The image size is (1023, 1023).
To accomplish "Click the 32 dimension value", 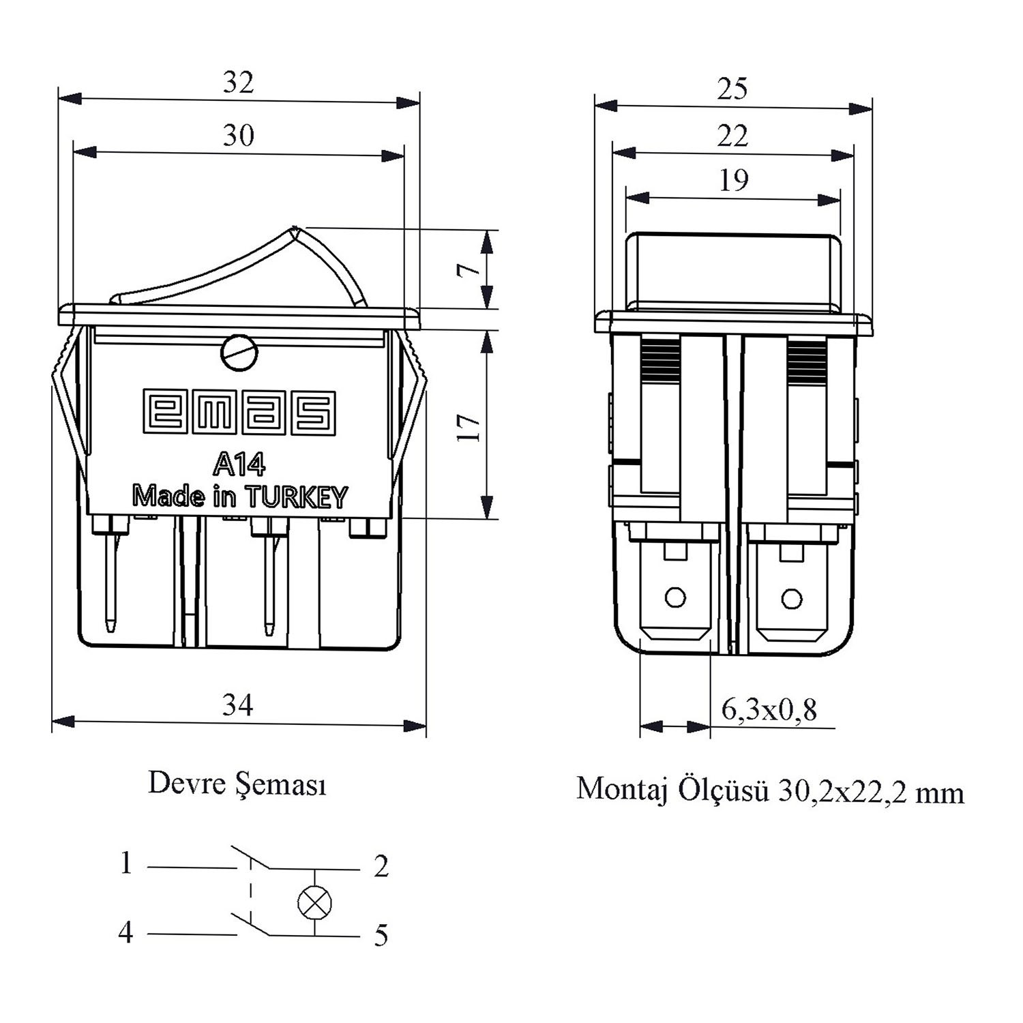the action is [239, 83].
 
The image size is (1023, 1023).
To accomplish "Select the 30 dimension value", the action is [239, 136].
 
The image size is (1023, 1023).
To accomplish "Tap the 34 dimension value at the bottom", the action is [238, 704].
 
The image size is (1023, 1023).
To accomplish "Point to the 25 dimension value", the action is [732, 89].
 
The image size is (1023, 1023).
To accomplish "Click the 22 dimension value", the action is [732, 136].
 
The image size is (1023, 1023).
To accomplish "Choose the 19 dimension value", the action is [734, 180].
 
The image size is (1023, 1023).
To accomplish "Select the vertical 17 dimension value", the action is [469, 427].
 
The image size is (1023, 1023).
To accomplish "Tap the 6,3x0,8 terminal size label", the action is [769, 710].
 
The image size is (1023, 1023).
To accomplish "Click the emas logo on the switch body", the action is [239, 412].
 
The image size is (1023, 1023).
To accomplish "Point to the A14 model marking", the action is [239, 464].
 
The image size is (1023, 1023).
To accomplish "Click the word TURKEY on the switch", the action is [296, 497].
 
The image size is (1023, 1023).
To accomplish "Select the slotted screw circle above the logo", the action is [239, 353].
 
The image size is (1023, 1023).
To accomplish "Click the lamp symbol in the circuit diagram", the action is [315, 903].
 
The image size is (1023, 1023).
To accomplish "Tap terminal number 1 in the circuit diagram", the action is [125, 863].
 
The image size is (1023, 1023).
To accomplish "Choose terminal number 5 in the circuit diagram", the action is [381, 935].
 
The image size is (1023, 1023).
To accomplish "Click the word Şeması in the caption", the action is [281, 784].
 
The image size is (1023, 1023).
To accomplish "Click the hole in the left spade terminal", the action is [675, 597].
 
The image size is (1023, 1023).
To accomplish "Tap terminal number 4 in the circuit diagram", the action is [125, 932].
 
